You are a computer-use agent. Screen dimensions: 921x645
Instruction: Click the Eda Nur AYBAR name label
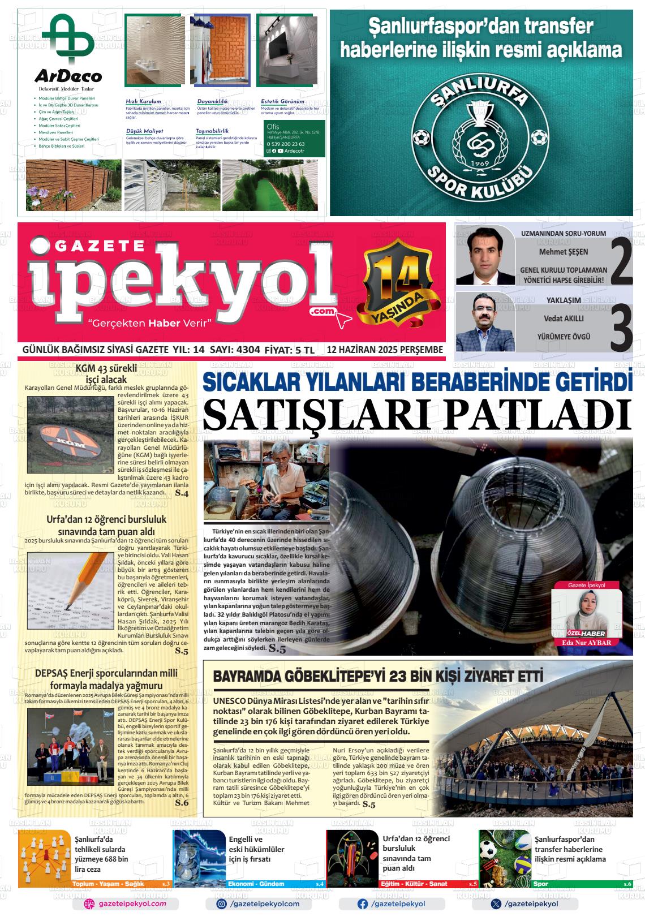[x=586, y=643]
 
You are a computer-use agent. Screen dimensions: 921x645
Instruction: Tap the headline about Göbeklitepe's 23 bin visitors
[x=378, y=677]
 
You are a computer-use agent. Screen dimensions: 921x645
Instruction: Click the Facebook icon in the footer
[x=362, y=904]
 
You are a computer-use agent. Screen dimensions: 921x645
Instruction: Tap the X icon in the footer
[x=496, y=904]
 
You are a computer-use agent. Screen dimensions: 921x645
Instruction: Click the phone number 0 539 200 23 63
[x=286, y=144]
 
